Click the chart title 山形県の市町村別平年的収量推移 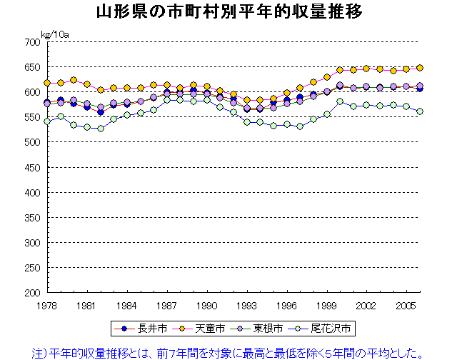pos(228,12)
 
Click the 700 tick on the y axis pos(31,42)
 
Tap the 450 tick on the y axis pos(31,167)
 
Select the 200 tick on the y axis pos(31,292)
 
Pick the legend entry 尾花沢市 pos(328,329)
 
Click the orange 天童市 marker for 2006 pos(420,68)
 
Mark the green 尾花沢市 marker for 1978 pos(47,121)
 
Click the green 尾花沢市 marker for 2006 pos(420,111)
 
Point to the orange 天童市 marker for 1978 pos(47,83)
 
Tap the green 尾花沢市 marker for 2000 pos(340,101)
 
